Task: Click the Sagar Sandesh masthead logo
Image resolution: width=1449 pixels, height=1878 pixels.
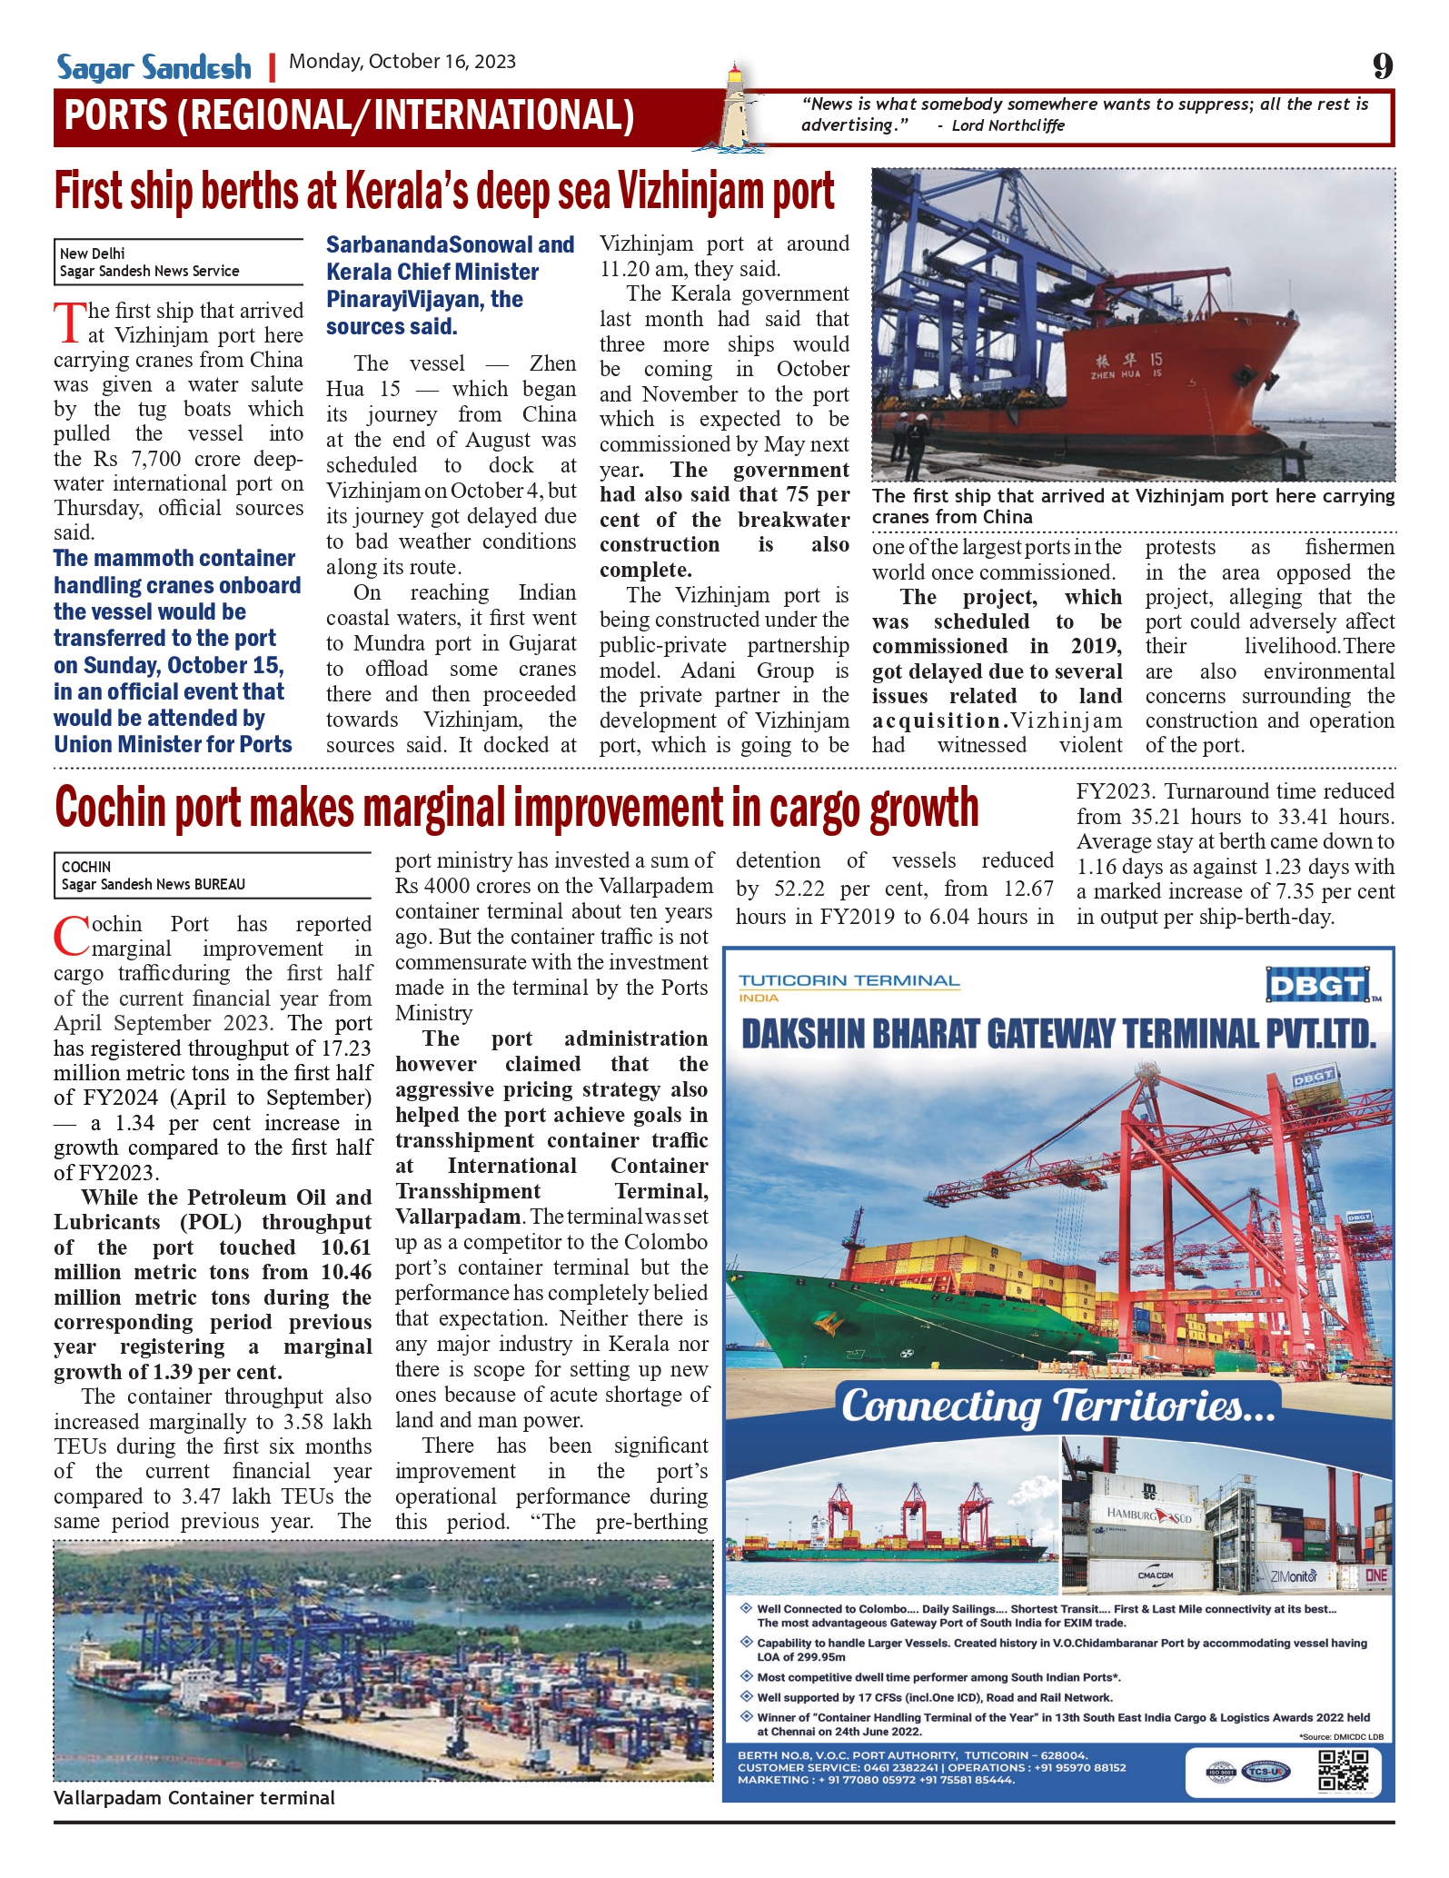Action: (x=154, y=67)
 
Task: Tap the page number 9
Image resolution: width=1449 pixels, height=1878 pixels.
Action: (x=1382, y=66)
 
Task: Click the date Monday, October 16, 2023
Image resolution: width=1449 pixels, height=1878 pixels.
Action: (x=402, y=62)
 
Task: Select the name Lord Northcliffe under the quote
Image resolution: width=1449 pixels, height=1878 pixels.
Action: (x=1007, y=125)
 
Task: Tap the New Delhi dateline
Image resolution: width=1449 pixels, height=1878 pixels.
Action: (x=93, y=253)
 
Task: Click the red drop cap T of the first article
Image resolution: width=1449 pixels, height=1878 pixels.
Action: (x=69, y=323)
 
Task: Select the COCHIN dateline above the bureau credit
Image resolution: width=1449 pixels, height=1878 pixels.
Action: (x=86, y=867)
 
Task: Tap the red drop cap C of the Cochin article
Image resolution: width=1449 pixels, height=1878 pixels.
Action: (x=72, y=937)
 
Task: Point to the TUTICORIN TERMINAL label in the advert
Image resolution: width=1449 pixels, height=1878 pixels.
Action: (x=849, y=981)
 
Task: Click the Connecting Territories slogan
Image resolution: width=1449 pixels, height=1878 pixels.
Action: (x=1058, y=1407)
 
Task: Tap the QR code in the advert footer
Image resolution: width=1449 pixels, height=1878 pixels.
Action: (x=1343, y=1771)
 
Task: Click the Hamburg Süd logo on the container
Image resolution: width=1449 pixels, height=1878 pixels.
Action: (x=1149, y=1515)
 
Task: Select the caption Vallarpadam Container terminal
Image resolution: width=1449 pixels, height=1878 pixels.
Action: (x=194, y=1798)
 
